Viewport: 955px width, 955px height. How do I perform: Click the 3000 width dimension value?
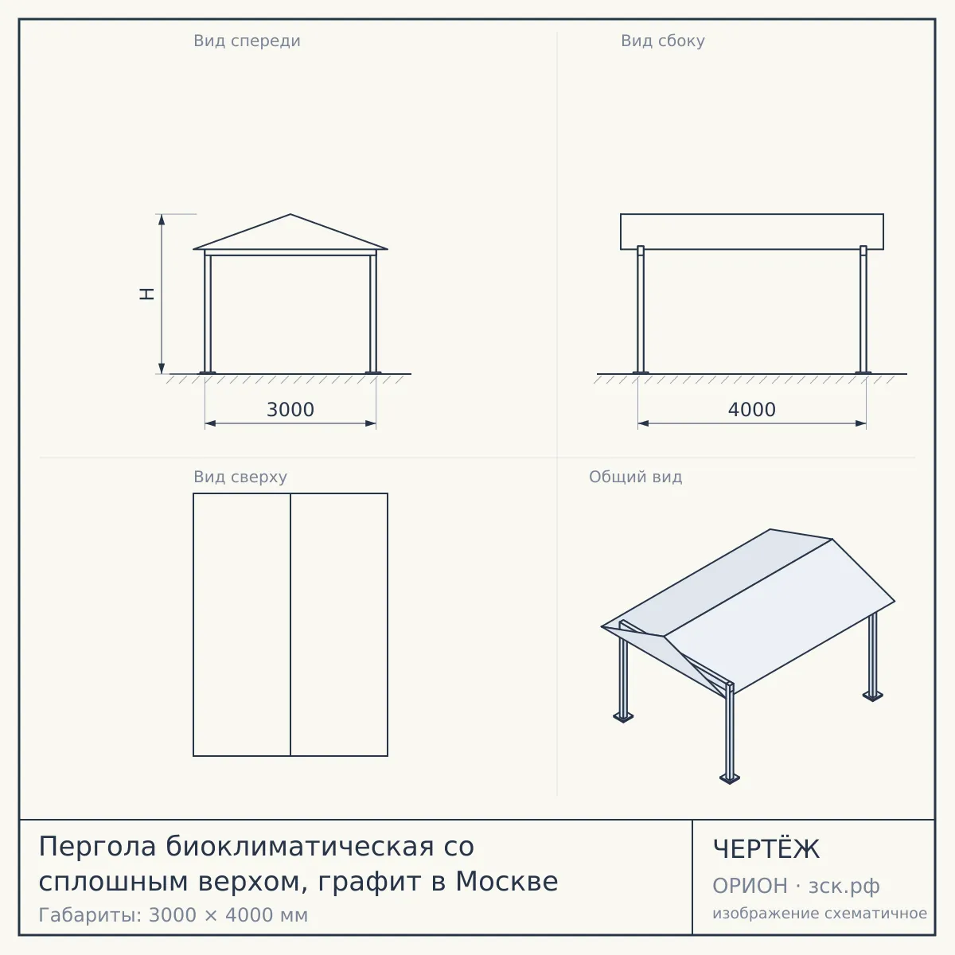[x=290, y=410]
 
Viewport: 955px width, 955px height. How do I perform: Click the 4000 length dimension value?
[x=752, y=410]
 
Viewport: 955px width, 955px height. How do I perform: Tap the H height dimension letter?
[x=146, y=294]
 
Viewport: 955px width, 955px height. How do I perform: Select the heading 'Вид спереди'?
[x=247, y=41]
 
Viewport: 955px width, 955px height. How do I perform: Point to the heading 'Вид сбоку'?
[x=663, y=41]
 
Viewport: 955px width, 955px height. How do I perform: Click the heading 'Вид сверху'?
[x=240, y=477]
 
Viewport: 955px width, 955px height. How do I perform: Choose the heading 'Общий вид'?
[x=635, y=477]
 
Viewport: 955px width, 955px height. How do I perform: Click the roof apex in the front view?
[x=290, y=214]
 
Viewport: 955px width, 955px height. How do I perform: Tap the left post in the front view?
[x=208, y=312]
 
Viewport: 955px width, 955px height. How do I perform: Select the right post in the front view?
[x=373, y=312]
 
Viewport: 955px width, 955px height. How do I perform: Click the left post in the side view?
[x=641, y=310]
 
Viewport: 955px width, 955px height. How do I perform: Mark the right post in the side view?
[x=863, y=310]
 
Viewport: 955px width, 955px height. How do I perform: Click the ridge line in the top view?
[x=290, y=625]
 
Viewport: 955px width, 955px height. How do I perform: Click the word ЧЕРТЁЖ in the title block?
[x=766, y=849]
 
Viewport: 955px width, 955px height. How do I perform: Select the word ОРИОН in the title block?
[x=750, y=886]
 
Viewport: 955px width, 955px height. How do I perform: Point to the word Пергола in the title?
[x=98, y=846]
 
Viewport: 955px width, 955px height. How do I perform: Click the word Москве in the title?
[x=507, y=881]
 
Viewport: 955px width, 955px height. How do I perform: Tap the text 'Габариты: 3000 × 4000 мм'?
[x=173, y=915]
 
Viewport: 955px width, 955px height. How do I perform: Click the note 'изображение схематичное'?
[x=820, y=913]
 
